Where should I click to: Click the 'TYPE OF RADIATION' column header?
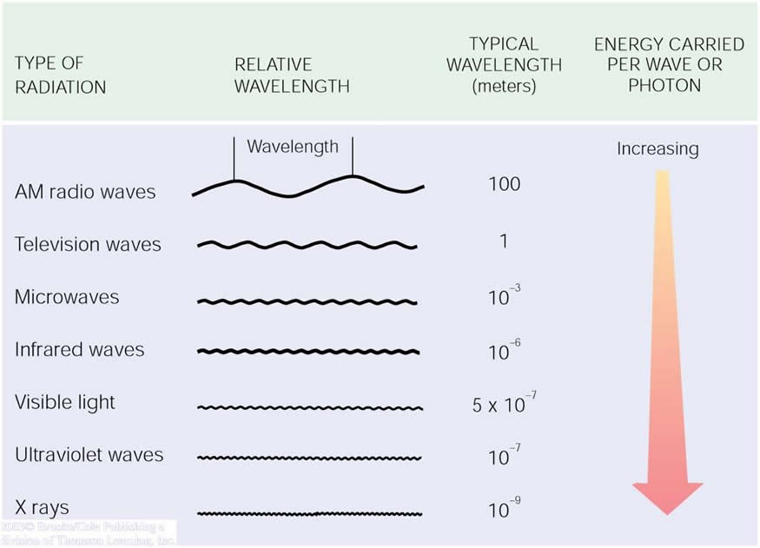pos(60,76)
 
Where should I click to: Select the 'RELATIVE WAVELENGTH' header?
pos(292,76)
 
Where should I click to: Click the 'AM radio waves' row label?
pos(85,192)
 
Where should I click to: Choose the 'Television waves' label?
pos(88,244)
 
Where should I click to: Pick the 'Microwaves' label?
pos(67,297)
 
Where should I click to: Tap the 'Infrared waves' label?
pos(79,350)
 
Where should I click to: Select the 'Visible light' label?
pos(65,402)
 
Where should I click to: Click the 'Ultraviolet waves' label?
pos(89,455)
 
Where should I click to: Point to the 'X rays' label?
pos(42,507)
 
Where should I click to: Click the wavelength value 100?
pos(504,184)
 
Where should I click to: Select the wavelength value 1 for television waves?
pos(504,241)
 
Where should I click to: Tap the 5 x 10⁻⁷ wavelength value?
pos(499,404)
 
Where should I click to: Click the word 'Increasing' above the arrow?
pos(658,149)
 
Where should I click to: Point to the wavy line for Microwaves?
pos(307,301)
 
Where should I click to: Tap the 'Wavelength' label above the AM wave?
pos(293,146)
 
